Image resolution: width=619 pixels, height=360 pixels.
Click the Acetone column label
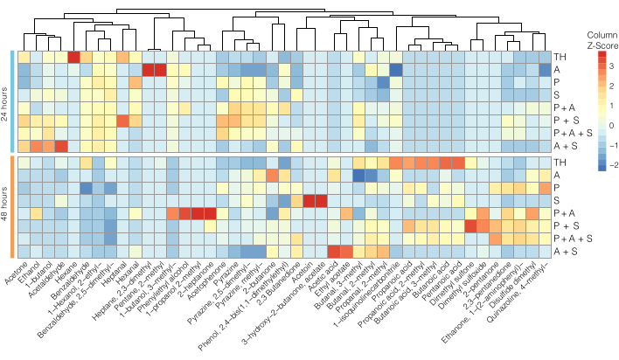12,273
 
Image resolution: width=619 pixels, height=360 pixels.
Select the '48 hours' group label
5,208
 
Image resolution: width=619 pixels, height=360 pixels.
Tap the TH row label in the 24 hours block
558,57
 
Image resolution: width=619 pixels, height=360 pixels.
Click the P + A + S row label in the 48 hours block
568,238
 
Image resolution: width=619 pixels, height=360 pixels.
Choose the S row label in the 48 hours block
556,200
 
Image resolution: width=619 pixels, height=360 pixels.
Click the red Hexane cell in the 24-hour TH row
73,57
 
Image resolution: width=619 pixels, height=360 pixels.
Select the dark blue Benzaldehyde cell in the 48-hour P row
86,188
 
